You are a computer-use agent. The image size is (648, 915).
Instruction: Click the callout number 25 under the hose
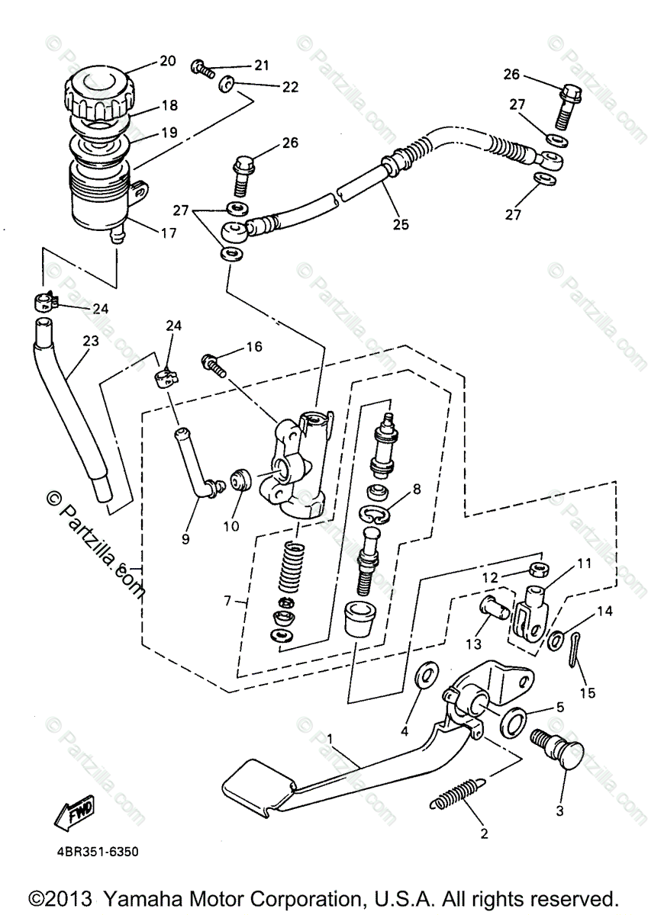coord(401,224)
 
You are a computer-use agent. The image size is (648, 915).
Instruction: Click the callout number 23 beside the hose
coord(90,342)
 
